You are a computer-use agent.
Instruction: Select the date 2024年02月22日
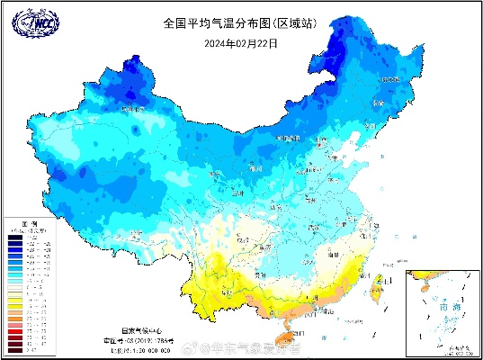tap(241, 41)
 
